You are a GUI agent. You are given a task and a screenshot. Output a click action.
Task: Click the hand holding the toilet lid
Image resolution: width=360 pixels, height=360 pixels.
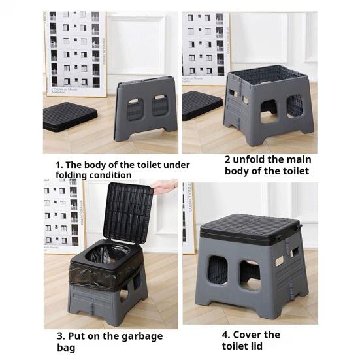[x=165, y=186]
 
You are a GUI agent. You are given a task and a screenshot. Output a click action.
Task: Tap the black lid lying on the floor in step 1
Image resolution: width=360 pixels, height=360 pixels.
[x=70, y=116]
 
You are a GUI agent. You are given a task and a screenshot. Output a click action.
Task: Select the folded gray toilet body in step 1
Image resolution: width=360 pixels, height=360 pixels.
[x=146, y=108]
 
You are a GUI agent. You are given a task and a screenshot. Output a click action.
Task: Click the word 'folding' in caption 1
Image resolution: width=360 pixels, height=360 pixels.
[x=71, y=175]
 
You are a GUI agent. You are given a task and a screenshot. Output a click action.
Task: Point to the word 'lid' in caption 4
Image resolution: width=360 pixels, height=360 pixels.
[x=256, y=346]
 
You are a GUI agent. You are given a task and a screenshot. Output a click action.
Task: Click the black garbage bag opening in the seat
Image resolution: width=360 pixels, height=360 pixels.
[x=107, y=253]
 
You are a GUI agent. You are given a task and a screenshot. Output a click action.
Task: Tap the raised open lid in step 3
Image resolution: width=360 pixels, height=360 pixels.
[x=128, y=212]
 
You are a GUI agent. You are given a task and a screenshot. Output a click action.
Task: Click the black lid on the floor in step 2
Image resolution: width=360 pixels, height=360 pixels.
[x=202, y=105]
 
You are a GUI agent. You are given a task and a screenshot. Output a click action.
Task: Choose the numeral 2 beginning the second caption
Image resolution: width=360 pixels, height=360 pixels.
[x=227, y=159]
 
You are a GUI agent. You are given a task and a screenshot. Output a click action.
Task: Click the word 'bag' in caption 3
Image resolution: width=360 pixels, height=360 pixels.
[x=66, y=348]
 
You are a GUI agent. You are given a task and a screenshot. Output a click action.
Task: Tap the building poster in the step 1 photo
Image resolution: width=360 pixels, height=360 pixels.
[x=76, y=54]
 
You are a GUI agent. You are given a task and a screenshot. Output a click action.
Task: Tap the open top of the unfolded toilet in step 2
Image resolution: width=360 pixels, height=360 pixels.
[x=268, y=75]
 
